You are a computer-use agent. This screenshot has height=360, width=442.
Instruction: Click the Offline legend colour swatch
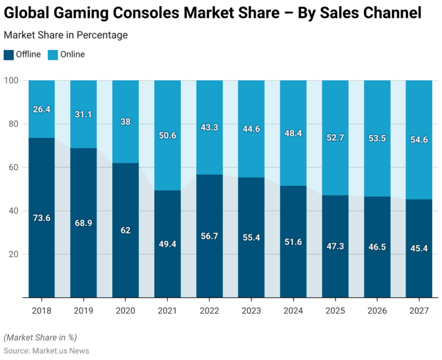pos(9,55)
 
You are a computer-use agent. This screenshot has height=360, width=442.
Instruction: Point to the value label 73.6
pos(42,218)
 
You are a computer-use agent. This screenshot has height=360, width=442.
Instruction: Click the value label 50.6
pos(167,136)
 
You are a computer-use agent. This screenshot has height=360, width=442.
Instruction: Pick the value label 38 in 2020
pos(125,121)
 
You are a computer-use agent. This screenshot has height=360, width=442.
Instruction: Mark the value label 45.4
pos(418,248)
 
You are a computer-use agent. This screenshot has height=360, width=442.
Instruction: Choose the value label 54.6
pos(418,140)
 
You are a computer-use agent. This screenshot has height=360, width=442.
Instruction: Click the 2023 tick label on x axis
pos(252,310)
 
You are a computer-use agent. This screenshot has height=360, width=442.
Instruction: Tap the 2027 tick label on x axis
pos(418,310)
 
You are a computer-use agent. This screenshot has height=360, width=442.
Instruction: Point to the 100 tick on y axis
pos(13,80)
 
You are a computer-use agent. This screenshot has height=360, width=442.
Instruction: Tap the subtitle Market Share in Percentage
pos(66,35)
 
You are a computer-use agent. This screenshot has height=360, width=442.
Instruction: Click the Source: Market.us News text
pos(47,350)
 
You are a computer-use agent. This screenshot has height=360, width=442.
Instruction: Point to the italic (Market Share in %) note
pos(40,337)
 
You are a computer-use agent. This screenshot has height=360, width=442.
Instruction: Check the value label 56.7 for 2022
pos(209,236)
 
